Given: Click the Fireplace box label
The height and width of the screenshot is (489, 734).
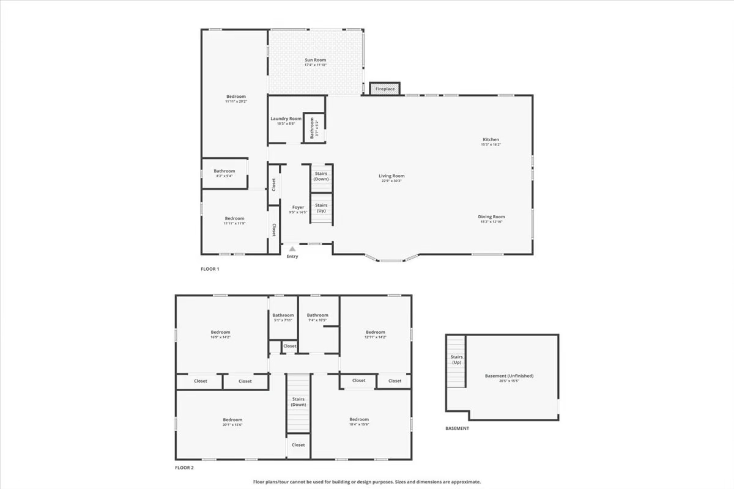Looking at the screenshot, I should click(385, 89).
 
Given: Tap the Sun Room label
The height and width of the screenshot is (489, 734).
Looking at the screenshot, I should click(316, 60).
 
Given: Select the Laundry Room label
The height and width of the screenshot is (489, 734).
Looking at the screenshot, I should click(286, 119).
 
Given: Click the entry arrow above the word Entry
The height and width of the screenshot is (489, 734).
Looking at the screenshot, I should click(292, 249).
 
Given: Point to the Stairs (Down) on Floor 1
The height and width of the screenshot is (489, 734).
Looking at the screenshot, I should click(321, 176).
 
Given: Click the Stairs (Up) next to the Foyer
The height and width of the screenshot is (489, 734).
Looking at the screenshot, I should click(321, 208).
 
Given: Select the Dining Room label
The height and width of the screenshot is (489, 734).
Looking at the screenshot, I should click(491, 216).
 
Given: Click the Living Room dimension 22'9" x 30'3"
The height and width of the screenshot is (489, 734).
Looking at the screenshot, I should click(391, 181).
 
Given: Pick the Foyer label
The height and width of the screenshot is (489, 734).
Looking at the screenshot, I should click(297, 207).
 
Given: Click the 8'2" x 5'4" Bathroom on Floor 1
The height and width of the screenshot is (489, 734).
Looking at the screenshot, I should click(224, 174).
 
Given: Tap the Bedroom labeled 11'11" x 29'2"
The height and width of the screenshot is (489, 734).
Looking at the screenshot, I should click(235, 97).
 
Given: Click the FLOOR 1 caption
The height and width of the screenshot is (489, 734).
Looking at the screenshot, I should click(210, 269).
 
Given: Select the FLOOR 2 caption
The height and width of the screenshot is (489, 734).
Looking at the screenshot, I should click(184, 468).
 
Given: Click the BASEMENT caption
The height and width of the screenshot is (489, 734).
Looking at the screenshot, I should click(457, 428).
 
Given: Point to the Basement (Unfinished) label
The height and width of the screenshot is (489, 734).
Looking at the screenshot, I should click(509, 376).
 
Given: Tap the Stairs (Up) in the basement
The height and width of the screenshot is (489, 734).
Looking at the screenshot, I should click(456, 359).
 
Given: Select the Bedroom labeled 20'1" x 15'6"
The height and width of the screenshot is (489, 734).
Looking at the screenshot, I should click(232, 420).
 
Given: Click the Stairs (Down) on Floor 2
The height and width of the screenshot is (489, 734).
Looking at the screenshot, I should click(298, 402).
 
